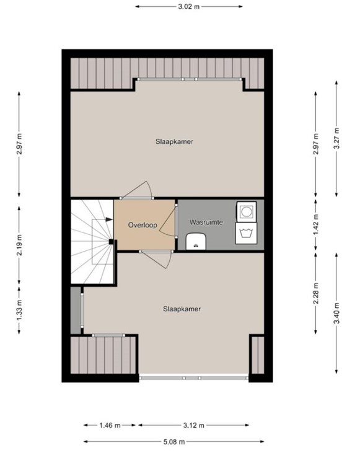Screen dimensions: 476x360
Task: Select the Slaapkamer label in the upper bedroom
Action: click(174, 141)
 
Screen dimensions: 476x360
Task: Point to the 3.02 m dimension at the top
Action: click(189, 7)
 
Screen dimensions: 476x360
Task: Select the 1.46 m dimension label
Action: click(109, 425)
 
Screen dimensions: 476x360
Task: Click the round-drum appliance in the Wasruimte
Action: click(246, 211)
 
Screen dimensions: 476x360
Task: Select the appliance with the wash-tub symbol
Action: click(246, 233)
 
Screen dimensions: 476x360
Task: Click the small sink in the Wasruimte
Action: click(195, 240)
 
